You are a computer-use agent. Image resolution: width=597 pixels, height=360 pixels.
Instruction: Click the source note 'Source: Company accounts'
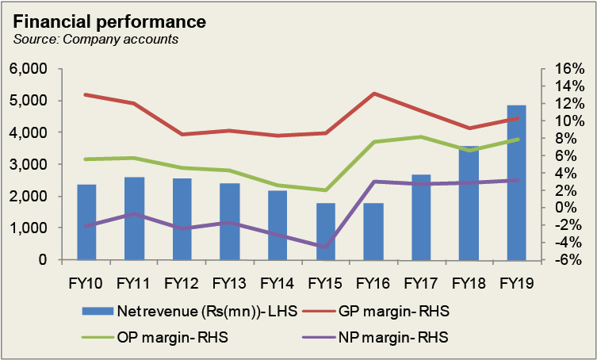click(95, 39)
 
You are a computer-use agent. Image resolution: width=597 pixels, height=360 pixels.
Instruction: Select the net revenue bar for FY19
click(516, 182)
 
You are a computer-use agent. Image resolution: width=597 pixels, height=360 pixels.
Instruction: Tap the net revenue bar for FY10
click(86, 222)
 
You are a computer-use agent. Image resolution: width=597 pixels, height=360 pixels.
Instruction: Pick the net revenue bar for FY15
click(326, 232)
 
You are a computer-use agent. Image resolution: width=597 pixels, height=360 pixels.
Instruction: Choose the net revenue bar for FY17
click(421, 217)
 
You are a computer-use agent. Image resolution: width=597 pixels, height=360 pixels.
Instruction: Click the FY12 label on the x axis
click(182, 281)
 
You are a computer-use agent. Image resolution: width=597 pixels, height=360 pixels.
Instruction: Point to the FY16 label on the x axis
click(373, 281)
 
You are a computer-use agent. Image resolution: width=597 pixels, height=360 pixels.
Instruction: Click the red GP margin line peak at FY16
click(373, 94)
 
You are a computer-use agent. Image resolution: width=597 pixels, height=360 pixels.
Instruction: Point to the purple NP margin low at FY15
click(326, 247)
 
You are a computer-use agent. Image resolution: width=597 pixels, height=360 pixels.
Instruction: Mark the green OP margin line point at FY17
click(421, 137)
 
